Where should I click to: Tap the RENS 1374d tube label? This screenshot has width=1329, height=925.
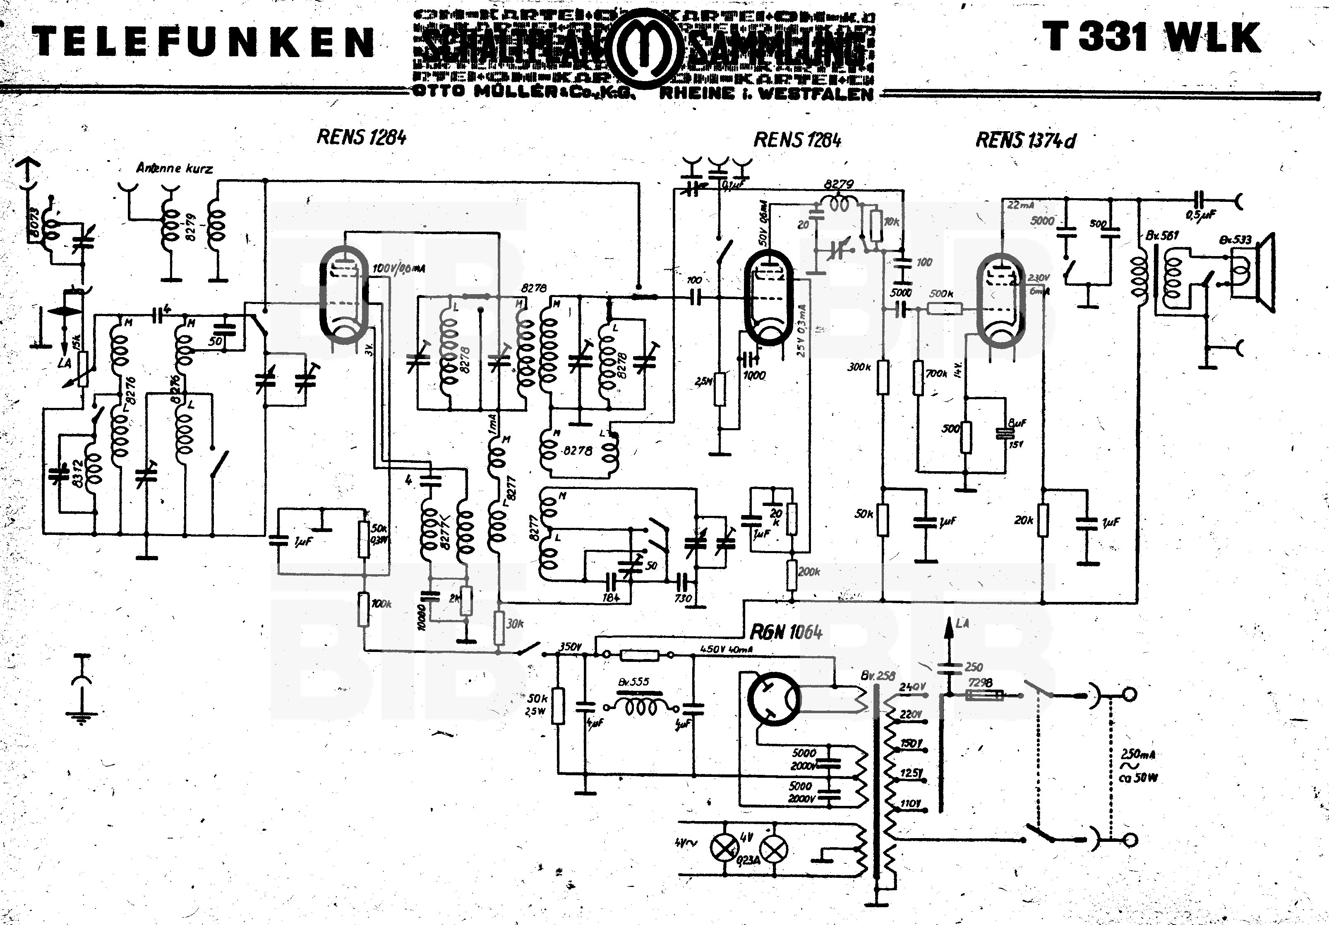click(1025, 140)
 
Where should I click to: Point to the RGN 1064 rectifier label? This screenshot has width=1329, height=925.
click(786, 632)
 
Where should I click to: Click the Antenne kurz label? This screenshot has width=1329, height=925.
click(174, 168)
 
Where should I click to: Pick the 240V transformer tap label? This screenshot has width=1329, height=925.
click(912, 687)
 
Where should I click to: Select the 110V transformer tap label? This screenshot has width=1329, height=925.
click(910, 803)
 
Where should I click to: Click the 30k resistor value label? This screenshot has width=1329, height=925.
click(515, 624)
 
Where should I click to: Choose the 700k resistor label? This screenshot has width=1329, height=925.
click(936, 374)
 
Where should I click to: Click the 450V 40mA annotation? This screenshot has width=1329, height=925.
click(727, 649)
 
